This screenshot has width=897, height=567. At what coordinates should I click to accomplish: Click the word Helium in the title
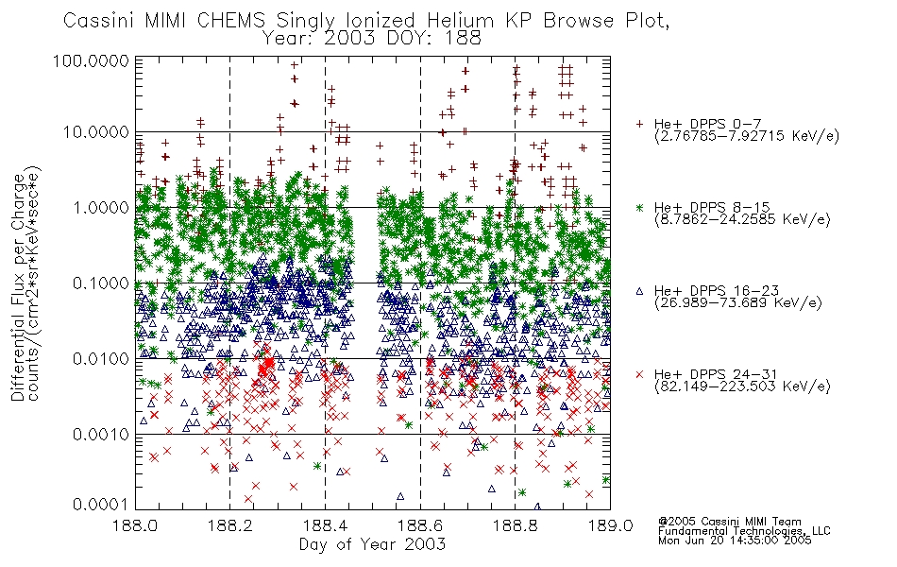pyautogui.click(x=460, y=21)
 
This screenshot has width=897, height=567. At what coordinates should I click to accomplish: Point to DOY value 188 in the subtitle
pyautogui.click(x=464, y=39)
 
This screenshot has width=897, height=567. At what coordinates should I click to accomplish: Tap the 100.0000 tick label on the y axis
pyautogui.click(x=91, y=60)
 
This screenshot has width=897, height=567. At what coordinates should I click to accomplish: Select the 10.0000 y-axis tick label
pyautogui.click(x=96, y=132)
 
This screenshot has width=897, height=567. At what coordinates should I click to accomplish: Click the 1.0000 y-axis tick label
pyautogui.click(x=101, y=207)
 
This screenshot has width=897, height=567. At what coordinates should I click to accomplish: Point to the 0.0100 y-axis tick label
pyautogui.click(x=101, y=359)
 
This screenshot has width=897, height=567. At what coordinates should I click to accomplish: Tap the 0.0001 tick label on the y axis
pyautogui.click(x=101, y=504)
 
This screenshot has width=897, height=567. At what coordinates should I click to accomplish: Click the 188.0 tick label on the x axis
pyautogui.click(x=135, y=524)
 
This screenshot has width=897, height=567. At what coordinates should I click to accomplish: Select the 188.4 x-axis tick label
pyautogui.click(x=325, y=524)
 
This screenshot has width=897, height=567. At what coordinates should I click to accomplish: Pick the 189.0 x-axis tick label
pyautogui.click(x=610, y=524)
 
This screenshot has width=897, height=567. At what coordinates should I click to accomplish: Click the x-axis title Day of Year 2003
pyautogui.click(x=372, y=544)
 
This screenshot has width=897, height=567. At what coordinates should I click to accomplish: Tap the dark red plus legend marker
pyautogui.click(x=640, y=123)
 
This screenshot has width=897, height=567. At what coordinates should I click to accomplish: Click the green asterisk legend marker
pyautogui.click(x=640, y=207)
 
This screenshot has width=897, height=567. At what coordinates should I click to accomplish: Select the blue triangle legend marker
pyautogui.click(x=640, y=291)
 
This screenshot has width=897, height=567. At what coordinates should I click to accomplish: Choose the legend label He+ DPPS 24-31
pyautogui.click(x=716, y=374)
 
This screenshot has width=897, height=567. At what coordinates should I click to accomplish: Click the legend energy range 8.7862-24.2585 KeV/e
pyautogui.click(x=742, y=219)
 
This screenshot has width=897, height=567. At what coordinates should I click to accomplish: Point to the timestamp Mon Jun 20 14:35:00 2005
pyautogui.click(x=735, y=541)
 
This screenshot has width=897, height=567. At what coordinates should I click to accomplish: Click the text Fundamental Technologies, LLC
pyautogui.click(x=744, y=531)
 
